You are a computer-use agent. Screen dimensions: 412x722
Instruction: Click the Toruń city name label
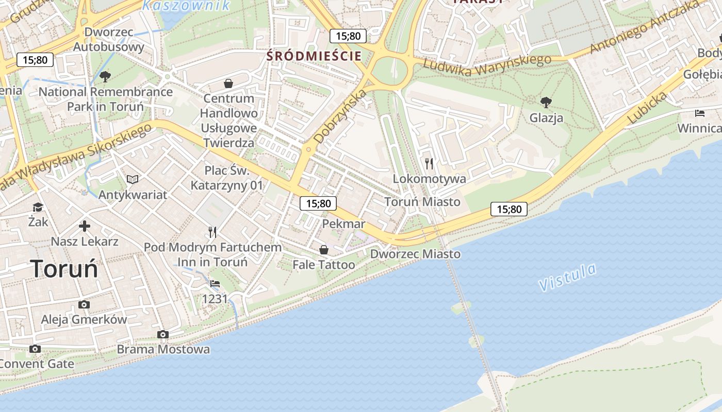pyautogui.click(x=64, y=268)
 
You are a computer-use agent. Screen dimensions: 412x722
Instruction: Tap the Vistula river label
pyautogui.click(x=567, y=277)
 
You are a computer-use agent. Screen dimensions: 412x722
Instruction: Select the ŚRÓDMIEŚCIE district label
pyautogui.click(x=314, y=56)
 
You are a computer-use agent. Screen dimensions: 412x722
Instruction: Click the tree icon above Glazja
pyautogui.click(x=546, y=102)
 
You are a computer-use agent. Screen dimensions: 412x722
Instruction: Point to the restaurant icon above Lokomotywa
pyautogui.click(x=429, y=164)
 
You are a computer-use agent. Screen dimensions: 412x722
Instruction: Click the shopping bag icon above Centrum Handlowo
pyautogui.click(x=228, y=83)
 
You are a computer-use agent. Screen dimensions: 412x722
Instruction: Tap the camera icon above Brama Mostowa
pyautogui.click(x=163, y=335)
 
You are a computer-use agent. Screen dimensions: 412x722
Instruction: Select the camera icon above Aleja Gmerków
pyautogui.click(x=84, y=304)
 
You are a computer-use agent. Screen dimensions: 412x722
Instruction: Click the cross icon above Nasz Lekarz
pyautogui.click(x=85, y=226)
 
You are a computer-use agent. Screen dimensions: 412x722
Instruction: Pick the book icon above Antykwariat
pyautogui.click(x=133, y=179)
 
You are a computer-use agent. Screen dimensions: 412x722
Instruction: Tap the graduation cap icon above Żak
pyautogui.click(x=38, y=207)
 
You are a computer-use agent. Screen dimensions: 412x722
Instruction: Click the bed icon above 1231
pyautogui.click(x=215, y=284)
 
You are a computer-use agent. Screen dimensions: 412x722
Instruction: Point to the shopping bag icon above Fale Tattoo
pyautogui.click(x=323, y=250)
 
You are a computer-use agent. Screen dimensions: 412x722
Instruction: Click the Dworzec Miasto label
pyautogui.click(x=415, y=254)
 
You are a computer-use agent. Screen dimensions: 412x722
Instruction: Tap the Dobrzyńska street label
pyautogui.click(x=340, y=116)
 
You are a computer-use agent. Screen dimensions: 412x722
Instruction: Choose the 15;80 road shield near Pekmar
pyautogui.click(x=318, y=203)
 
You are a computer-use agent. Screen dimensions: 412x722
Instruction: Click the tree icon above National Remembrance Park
pyautogui.click(x=105, y=77)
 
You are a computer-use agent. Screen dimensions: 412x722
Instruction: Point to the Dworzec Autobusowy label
pyautogui.click(x=108, y=40)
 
